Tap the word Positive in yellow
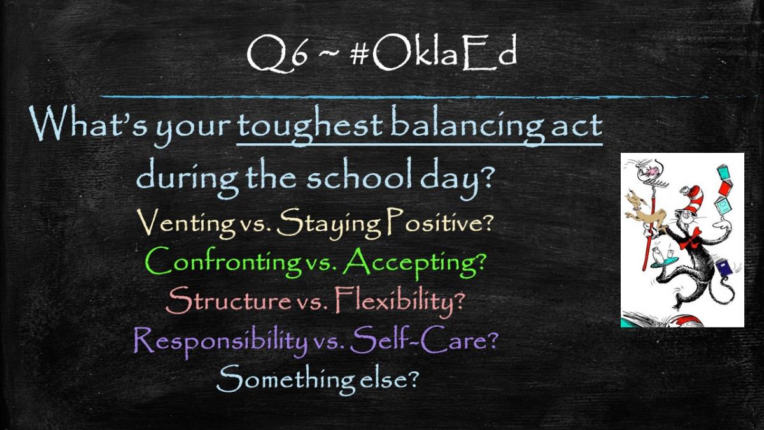pyautogui.click(x=440, y=222)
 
